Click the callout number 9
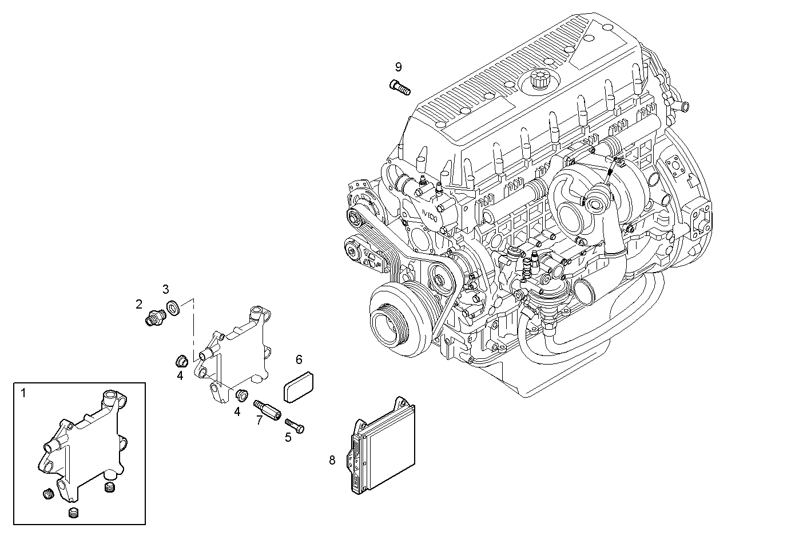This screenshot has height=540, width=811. pos(399,67)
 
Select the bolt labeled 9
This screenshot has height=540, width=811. pos(400,87)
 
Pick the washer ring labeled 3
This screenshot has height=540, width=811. pos(173,309)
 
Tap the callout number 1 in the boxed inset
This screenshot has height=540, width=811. pos(23,393)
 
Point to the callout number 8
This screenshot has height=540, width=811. pos(332,460)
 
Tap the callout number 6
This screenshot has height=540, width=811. pos(299,359)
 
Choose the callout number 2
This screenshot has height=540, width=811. pos(139,304)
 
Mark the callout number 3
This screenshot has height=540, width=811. pos(166,289)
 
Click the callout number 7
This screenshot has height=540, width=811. pos(259,420)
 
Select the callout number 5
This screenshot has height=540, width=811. pos(288,437)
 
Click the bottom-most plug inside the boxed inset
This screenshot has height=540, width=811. pos(73,513)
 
